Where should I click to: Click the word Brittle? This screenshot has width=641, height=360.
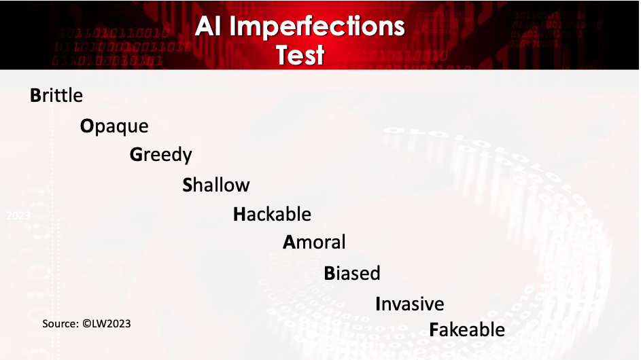(56, 95)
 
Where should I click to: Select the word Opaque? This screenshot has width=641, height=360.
(114, 126)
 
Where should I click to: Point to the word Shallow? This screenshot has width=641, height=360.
(216, 185)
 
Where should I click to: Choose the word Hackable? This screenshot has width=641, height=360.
(273, 214)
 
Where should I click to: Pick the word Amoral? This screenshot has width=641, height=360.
(314, 242)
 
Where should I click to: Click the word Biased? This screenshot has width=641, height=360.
(352, 273)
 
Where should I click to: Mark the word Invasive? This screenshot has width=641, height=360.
(410, 304)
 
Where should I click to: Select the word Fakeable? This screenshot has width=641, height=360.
(467, 329)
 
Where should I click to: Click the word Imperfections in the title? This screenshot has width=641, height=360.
(317, 27)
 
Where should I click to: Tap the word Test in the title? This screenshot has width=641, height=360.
(300, 55)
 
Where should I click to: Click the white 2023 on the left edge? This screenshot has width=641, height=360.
(18, 215)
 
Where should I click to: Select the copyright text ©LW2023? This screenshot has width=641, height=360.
(107, 323)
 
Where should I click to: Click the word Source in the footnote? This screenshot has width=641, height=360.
(60, 323)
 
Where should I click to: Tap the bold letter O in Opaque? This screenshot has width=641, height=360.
(87, 126)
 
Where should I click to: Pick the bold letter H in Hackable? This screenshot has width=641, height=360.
(239, 214)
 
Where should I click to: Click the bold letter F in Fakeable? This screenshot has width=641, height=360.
(434, 329)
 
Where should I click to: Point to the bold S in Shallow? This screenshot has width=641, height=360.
(188, 185)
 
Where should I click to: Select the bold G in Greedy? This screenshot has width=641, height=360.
(136, 154)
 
